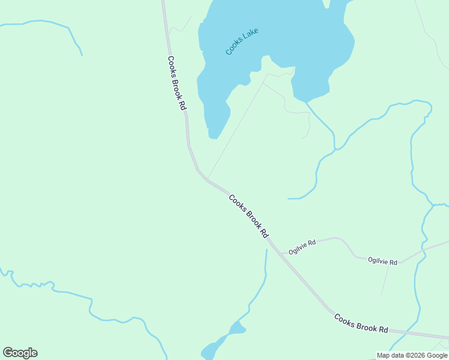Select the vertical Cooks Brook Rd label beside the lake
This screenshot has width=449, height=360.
tap(176, 83)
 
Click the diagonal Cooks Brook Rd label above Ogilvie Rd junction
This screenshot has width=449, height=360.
tap(248, 216)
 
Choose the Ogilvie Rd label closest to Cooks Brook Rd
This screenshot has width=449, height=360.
tap(302, 247)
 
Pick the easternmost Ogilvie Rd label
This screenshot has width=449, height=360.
tap(382, 262)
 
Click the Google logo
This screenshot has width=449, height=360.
tap(20, 353)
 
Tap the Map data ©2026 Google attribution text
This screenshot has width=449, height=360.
tap(412, 355)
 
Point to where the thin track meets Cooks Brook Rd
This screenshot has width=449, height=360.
tap(208, 178)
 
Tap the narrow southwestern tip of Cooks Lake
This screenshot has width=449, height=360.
tap(213, 136)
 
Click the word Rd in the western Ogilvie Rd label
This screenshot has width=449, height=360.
tap(311, 244)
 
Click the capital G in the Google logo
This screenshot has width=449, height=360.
tap(8, 353)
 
